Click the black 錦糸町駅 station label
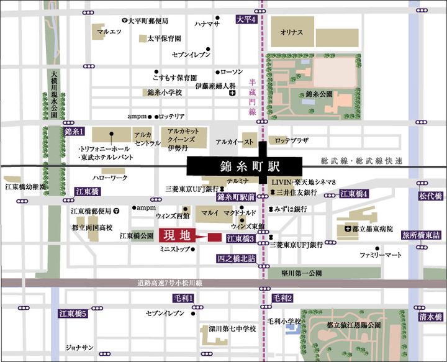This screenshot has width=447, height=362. pyautogui.click(x=245, y=166)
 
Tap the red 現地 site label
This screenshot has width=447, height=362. pyautogui.click(x=176, y=236)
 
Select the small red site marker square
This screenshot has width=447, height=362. pyautogui.click(x=214, y=237)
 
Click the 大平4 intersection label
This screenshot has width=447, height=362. pyautogui.click(x=246, y=20)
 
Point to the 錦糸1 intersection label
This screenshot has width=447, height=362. pyautogui.click(x=73, y=132)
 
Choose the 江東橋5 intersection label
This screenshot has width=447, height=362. pyautogui.click(x=72, y=314)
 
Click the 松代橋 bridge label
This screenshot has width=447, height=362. pyautogui.click(x=431, y=196)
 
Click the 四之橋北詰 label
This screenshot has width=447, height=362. pyautogui.click(x=235, y=258)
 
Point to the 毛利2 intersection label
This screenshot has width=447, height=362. pyautogui.click(x=282, y=299)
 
